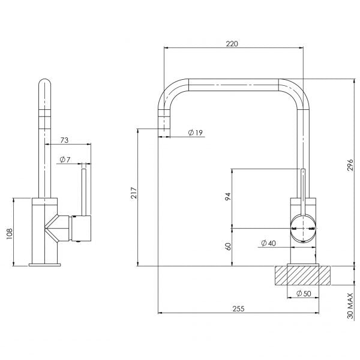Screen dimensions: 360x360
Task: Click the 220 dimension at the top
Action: [x=232, y=44]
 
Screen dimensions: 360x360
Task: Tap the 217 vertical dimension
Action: [x=134, y=193]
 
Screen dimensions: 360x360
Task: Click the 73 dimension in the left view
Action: [x=65, y=140]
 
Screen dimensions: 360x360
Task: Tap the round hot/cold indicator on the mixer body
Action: [x=304, y=229]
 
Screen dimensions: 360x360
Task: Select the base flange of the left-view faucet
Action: [x=44, y=263]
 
